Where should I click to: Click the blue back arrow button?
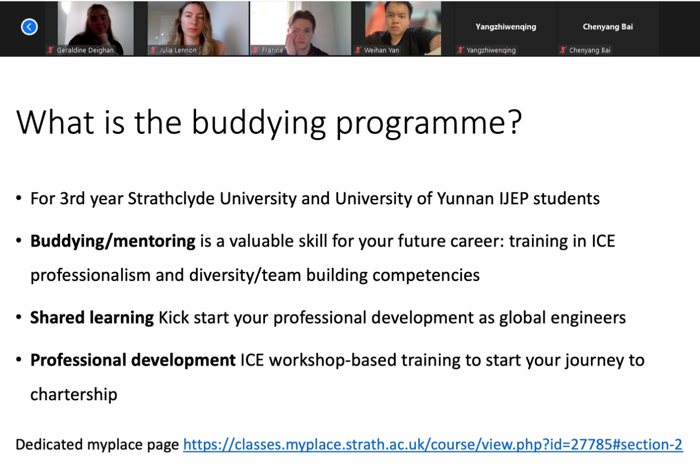pyautogui.click(x=29, y=27)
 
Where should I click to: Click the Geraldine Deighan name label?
pyautogui.click(x=85, y=50)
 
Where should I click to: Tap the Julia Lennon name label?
pyautogui.click(x=178, y=50)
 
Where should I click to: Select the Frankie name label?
pyautogui.click(x=272, y=50)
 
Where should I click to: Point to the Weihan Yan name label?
pyautogui.click(x=381, y=50)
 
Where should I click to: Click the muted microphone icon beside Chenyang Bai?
pyautogui.click(x=563, y=50)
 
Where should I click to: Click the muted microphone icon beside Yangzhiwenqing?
pyautogui.click(x=460, y=50)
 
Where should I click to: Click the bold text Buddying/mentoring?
pyautogui.click(x=113, y=241)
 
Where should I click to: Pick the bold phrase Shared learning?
pyautogui.click(x=92, y=318)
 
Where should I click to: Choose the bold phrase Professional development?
pyautogui.click(x=133, y=360)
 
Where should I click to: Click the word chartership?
pyautogui.click(x=74, y=394)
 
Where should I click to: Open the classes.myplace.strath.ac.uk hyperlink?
pyautogui.click(x=433, y=445)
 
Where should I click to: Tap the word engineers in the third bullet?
pyautogui.click(x=588, y=318)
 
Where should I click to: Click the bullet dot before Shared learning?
pyautogui.click(x=19, y=318)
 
